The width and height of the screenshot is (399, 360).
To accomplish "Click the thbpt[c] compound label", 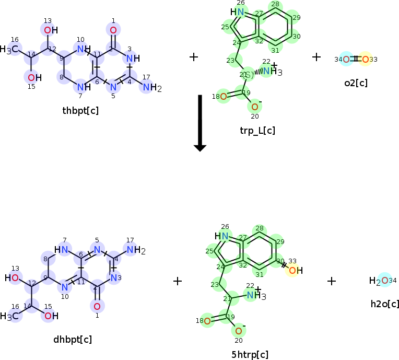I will click(80, 110).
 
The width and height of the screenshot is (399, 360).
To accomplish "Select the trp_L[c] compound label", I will click(257, 130).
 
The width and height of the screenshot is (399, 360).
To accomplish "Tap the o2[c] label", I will click(356, 82).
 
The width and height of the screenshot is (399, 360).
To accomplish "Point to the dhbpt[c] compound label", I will click(73, 340).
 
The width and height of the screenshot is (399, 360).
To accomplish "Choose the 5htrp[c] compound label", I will click(250, 355).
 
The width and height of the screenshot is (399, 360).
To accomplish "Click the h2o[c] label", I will click(385, 304).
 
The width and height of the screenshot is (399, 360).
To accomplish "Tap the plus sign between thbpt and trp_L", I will click(194, 56).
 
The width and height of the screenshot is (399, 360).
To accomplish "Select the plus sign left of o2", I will click(316, 56).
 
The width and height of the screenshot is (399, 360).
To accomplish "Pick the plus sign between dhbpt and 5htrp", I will click(178, 281).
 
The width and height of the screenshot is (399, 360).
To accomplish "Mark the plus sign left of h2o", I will click(332, 281).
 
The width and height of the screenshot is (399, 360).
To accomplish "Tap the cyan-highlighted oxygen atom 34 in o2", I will click(346, 59).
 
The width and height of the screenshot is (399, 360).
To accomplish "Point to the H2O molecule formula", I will click(379, 281).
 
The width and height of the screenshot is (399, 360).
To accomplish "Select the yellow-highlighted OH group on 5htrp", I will click(295, 270).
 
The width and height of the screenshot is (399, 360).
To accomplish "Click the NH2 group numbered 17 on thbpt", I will click(150, 88).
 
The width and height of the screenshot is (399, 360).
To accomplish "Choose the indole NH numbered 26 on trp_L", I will click(238, 12).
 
